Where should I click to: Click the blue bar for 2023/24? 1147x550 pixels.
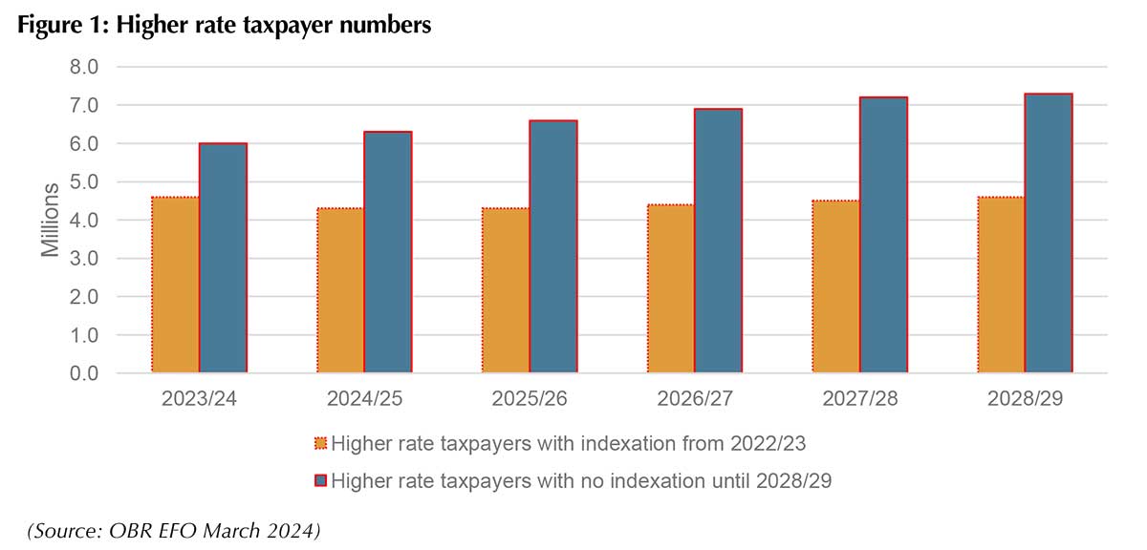click(x=224, y=258)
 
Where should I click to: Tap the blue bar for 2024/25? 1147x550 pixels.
click(x=388, y=252)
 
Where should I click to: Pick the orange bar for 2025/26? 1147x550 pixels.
click(x=506, y=290)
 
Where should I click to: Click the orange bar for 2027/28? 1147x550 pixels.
click(x=836, y=286)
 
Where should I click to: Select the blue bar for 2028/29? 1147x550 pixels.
click(x=1049, y=233)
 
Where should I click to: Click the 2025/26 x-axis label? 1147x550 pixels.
click(x=530, y=399)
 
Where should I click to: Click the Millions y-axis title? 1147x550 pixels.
click(x=49, y=221)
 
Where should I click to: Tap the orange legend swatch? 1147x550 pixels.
click(x=320, y=443)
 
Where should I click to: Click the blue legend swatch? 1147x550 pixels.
click(x=320, y=480)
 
